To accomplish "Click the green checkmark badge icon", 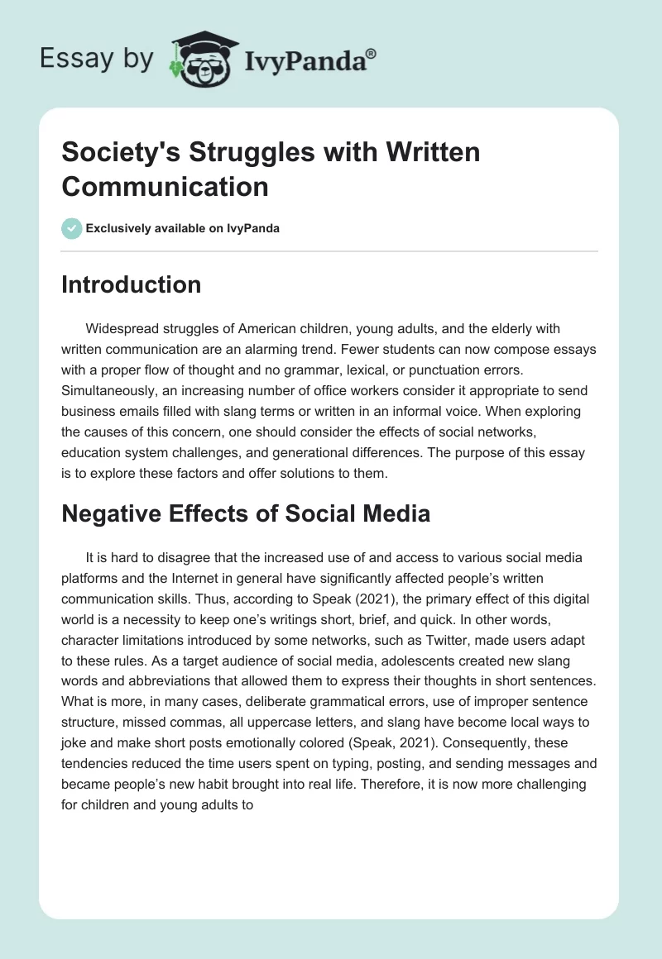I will coord(72,228).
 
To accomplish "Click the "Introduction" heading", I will coord(131,284).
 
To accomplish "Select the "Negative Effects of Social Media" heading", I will coord(246,513).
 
